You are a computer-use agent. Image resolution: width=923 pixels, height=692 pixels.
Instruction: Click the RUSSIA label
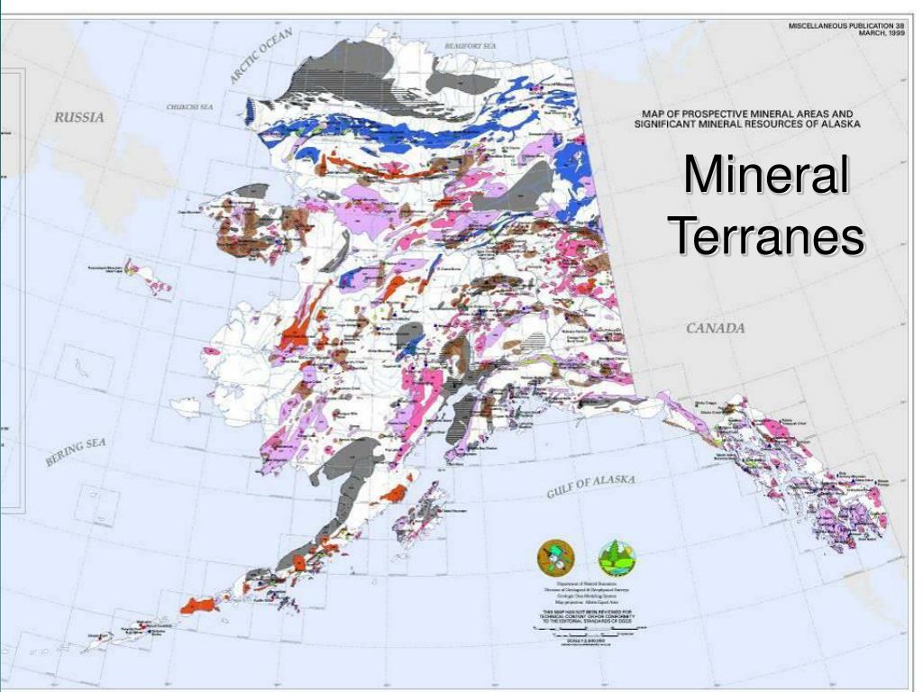79,117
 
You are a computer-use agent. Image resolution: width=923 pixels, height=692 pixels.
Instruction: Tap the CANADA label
716,328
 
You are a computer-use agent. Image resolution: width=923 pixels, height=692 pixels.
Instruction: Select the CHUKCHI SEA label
189,107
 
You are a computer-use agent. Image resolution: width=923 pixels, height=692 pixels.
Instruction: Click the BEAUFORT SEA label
471,45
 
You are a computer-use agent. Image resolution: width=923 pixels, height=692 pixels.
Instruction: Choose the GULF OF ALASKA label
591,486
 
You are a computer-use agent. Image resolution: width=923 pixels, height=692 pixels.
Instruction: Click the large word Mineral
764,176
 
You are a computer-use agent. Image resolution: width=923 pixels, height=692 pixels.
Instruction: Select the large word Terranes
766,236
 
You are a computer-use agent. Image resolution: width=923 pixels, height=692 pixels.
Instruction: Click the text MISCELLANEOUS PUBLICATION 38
846,25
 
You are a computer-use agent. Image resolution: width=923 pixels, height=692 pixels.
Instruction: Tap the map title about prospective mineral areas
746,119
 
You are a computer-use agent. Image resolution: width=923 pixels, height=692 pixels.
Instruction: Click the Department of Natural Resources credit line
584,585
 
